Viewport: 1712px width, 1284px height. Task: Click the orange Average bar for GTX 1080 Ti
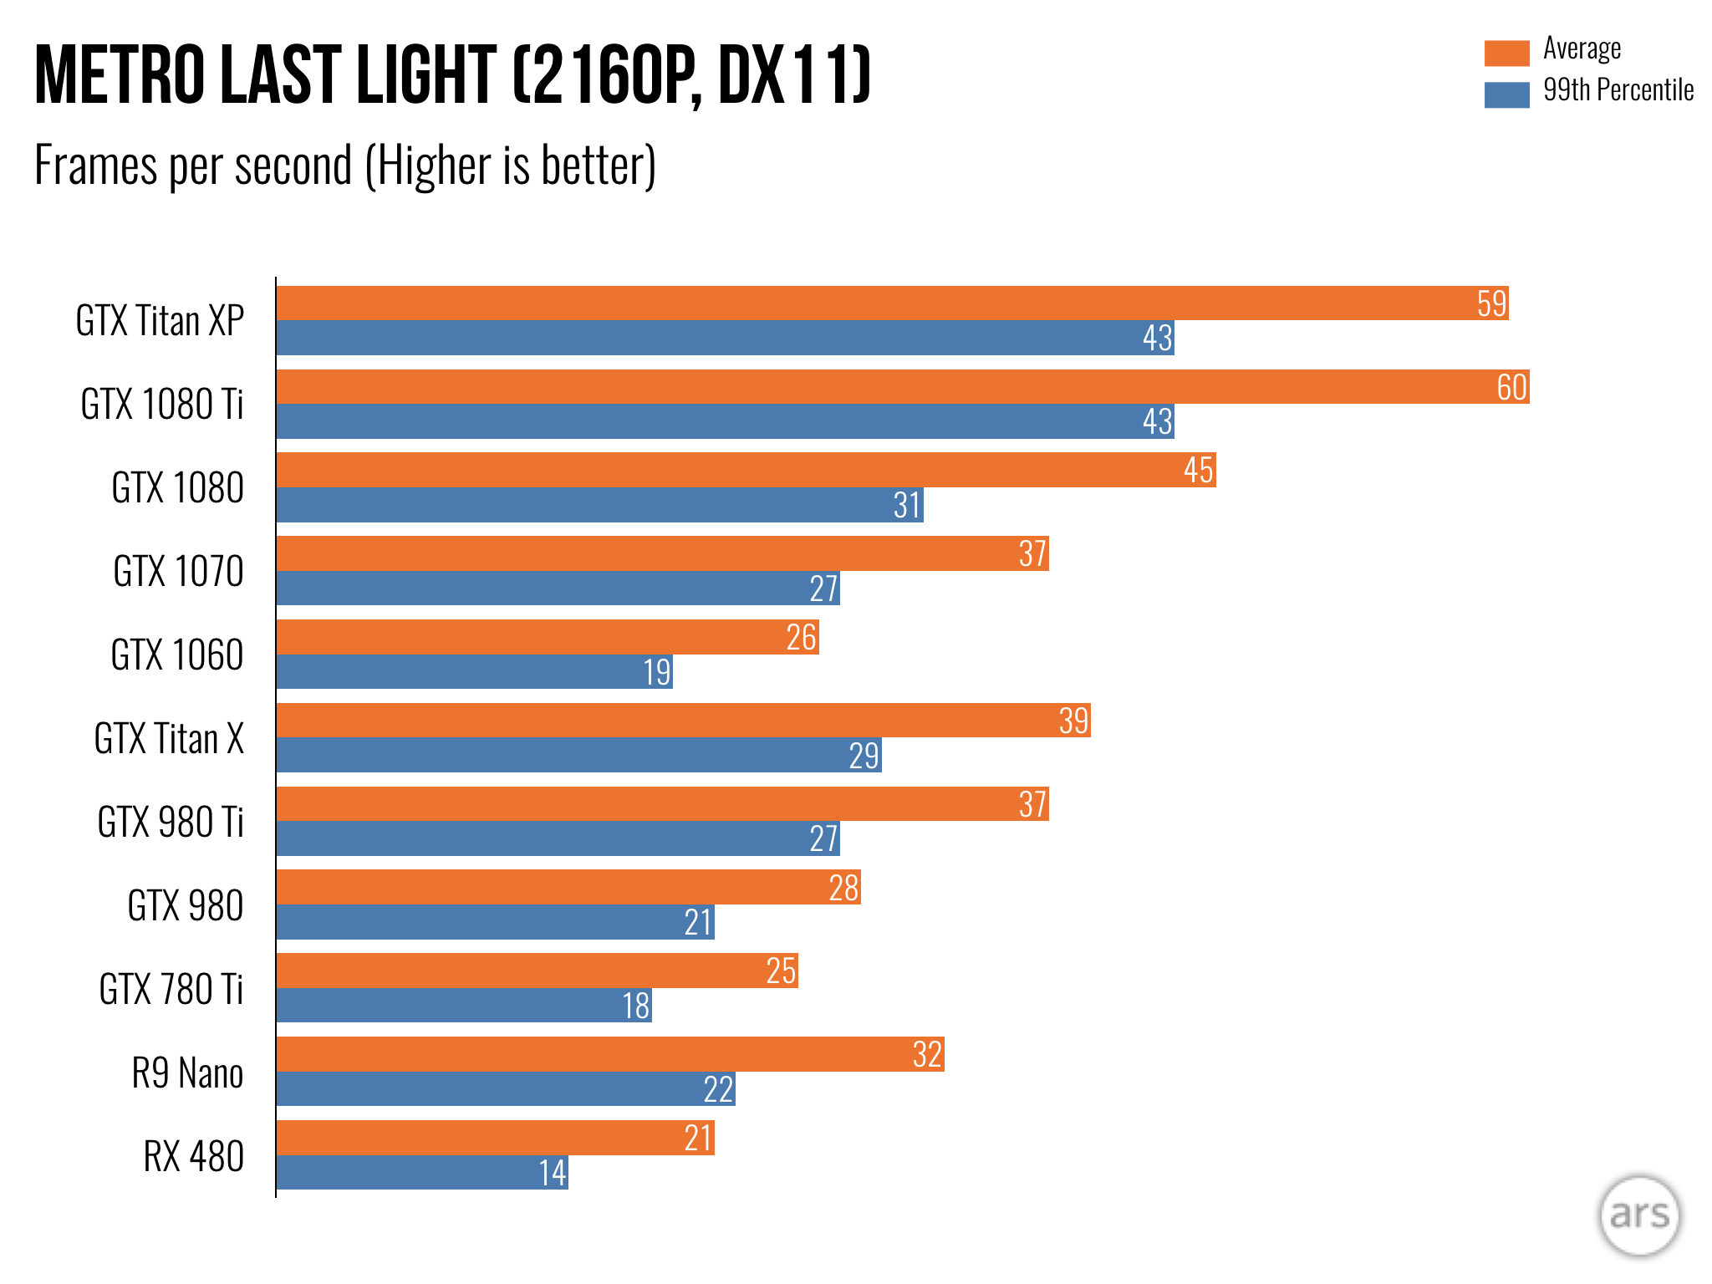coord(903,387)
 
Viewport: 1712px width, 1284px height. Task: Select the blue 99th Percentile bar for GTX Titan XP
coord(725,338)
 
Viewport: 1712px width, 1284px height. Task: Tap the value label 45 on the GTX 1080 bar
coord(1198,471)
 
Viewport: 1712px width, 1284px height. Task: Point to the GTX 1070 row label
coord(178,572)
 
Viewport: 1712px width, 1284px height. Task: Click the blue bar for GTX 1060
coord(474,672)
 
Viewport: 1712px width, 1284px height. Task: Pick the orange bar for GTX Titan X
coord(683,721)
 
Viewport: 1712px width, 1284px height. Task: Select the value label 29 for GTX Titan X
coord(864,756)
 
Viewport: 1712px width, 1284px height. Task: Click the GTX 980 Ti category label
coord(171,823)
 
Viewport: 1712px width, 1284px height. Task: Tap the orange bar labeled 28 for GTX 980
coord(568,888)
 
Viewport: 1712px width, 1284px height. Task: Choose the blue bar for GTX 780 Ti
coord(464,1006)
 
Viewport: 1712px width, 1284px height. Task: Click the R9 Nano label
coord(187,1073)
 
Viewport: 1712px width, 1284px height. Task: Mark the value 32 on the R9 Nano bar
coord(927,1055)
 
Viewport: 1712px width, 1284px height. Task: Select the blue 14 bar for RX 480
coord(422,1173)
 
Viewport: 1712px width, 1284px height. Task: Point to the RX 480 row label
coord(193,1157)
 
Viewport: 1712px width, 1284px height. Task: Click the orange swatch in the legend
coord(1506,53)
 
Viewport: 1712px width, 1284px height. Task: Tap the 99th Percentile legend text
coord(1618,90)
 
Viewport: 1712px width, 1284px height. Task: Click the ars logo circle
coord(1639,1215)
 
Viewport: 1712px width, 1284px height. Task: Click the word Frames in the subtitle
coord(95,166)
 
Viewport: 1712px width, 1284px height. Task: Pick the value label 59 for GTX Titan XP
coord(1491,303)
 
